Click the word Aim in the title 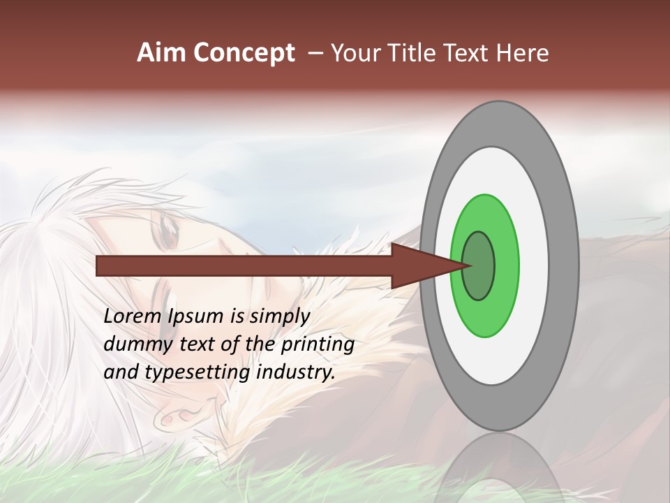(162, 53)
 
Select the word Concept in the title (243, 53)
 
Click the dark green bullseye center (479, 265)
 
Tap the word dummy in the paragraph (132, 344)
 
